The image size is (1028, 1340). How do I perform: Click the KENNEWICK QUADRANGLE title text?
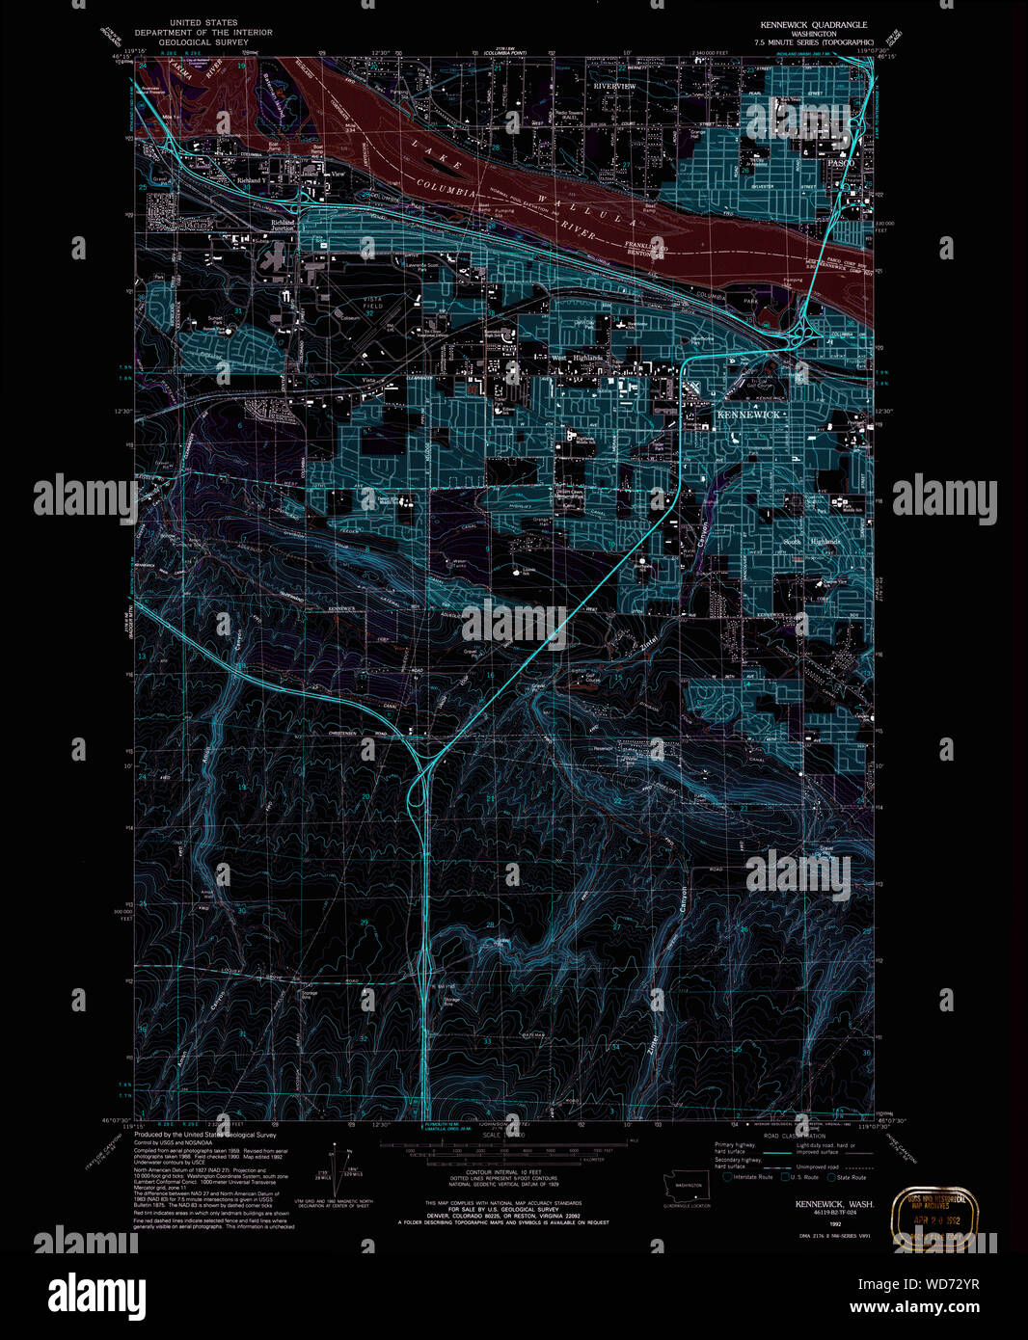tap(813, 25)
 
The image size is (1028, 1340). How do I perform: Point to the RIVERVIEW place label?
tap(614, 87)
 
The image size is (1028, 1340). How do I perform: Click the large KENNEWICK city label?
tap(747, 415)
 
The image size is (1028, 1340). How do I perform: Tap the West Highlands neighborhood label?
tap(577, 358)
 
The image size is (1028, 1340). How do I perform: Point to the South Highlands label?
tap(810, 542)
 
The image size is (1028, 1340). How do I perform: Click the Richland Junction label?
tap(283, 226)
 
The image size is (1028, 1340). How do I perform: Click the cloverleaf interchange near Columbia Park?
tap(799, 335)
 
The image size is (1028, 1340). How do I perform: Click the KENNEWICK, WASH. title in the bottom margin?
tap(834, 1204)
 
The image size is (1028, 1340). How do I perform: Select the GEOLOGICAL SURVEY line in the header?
tap(203, 42)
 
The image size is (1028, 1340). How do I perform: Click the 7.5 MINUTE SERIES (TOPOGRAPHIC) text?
tap(814, 42)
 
